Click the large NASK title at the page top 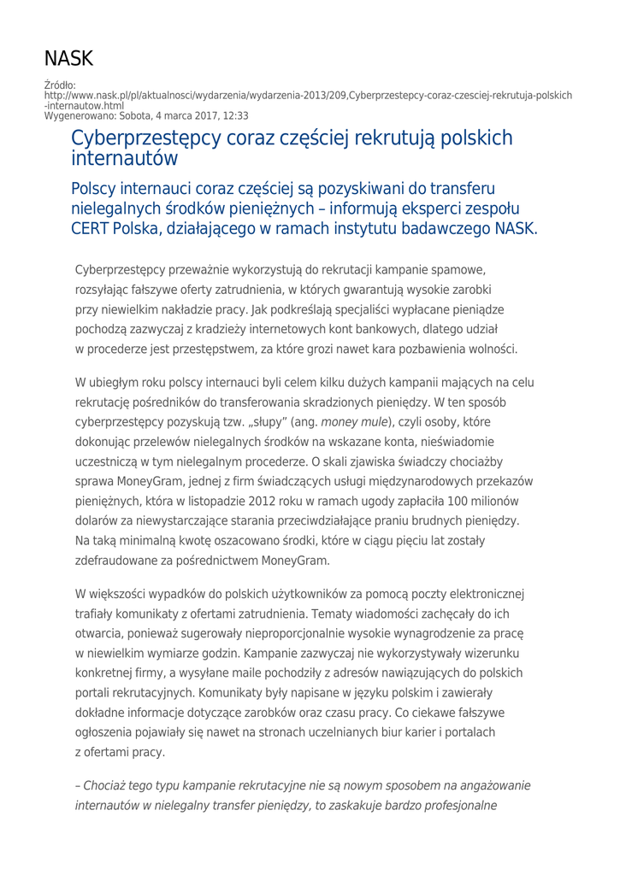68,59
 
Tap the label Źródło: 60,85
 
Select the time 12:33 232,115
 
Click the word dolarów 100,520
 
